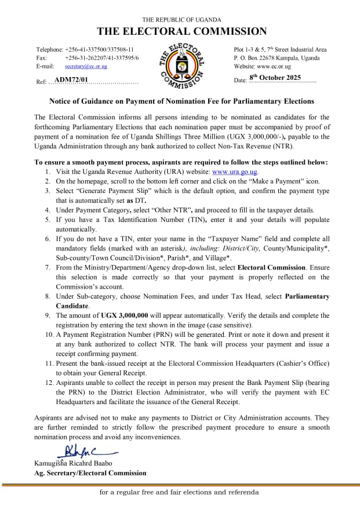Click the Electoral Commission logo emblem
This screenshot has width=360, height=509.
181,66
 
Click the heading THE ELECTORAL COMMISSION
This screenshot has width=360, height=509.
181,31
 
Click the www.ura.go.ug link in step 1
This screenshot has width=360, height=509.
235,172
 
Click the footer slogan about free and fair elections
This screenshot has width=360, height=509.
179,492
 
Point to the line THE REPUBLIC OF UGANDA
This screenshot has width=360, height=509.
180,20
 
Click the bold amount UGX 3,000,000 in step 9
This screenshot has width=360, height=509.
128,315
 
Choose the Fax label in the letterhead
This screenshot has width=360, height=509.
41,58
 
